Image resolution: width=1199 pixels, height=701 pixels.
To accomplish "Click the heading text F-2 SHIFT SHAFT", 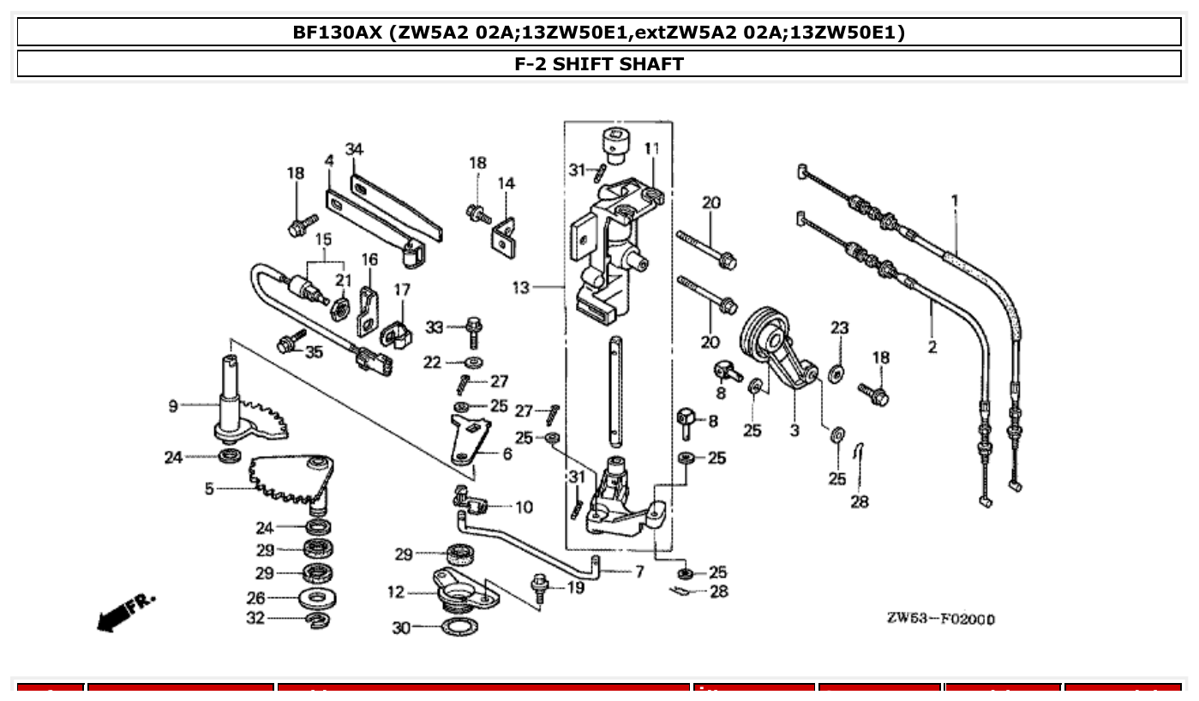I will pyautogui.click(x=599, y=64).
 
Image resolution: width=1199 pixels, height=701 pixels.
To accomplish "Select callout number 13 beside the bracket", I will pyautogui.click(x=521, y=288).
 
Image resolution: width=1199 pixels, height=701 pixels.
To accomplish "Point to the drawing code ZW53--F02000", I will pyautogui.click(x=941, y=619).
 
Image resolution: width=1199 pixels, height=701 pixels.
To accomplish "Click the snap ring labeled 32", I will pyautogui.click(x=318, y=619).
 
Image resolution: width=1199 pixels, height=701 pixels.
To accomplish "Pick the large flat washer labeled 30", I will pyautogui.click(x=459, y=628).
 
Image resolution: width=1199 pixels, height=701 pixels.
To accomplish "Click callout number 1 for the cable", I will pyautogui.click(x=955, y=201).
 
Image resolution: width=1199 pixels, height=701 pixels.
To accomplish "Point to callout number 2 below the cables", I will pyautogui.click(x=932, y=347).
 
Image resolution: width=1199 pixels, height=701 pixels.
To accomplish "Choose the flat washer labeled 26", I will pyautogui.click(x=318, y=597).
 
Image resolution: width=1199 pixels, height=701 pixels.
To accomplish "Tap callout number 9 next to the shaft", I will pyautogui.click(x=172, y=405).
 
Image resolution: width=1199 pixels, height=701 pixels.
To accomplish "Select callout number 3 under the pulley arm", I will pyautogui.click(x=794, y=430).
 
